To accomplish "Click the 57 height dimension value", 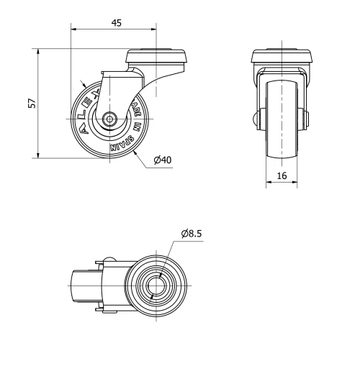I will tap(31, 104).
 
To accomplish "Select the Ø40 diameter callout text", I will tap(162, 160).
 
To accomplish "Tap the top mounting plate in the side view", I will tap(158, 57).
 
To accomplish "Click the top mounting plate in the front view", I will tap(282, 57).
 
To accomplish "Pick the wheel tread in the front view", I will tap(282, 119).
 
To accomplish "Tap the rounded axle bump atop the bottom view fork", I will tap(109, 261).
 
